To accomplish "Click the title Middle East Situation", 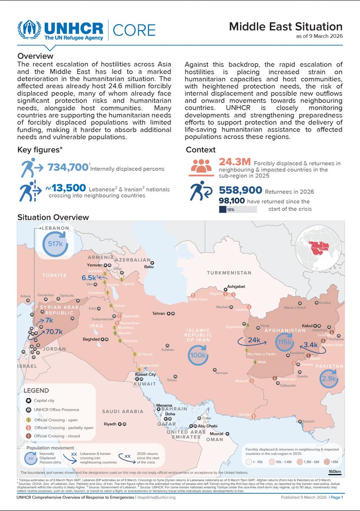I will (x=286, y=27).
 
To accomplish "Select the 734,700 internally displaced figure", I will (x=68, y=168).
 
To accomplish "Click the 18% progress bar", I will (x=237, y=209).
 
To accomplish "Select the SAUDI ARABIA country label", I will (x=123, y=411).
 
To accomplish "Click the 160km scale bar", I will (x=334, y=471).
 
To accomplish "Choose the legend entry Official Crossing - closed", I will (x=63, y=436).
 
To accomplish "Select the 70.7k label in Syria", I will (x=54, y=331).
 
